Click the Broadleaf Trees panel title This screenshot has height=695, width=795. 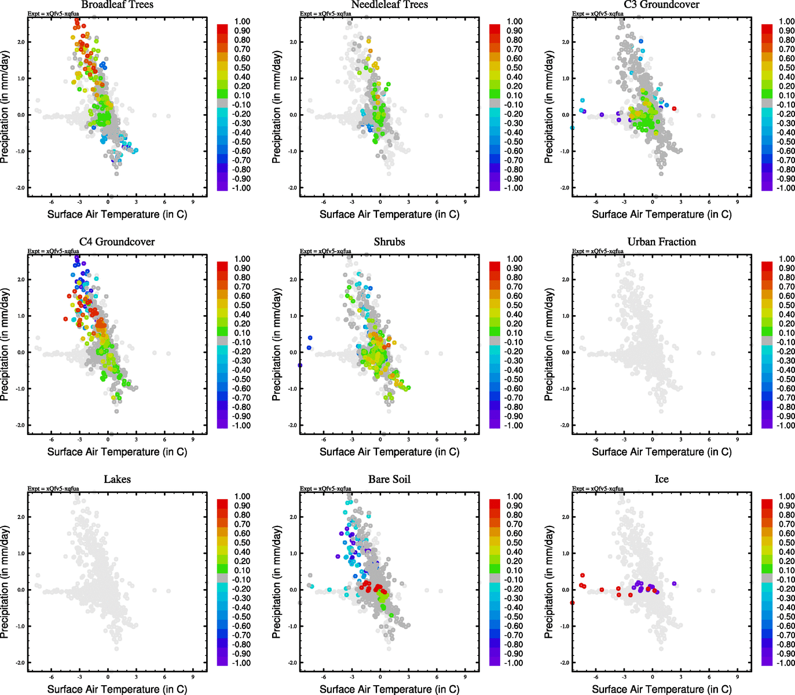tap(117, 5)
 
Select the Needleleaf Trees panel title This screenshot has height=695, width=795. tap(389, 5)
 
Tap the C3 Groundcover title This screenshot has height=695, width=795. tap(661, 5)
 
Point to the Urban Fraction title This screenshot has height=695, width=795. tap(661, 242)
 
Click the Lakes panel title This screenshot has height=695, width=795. tap(117, 480)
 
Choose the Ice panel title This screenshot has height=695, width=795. tap(661, 480)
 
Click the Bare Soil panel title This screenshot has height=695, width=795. tap(389, 480)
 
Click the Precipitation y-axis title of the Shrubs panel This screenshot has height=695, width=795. tap(276, 345)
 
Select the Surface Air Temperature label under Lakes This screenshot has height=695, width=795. tap(117, 689)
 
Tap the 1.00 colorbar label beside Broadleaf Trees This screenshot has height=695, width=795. tap(242, 21)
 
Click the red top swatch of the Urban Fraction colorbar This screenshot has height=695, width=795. tap(767, 266)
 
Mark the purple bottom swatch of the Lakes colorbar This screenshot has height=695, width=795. tap(222, 661)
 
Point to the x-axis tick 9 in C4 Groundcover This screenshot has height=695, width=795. tap(193, 440)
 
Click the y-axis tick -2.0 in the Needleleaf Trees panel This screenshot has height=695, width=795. tap(293, 188)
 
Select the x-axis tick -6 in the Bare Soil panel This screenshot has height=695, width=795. tap(323, 678)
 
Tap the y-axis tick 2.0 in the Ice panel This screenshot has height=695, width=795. tap(566, 517)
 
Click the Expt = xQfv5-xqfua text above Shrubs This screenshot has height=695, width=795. tap(325, 251)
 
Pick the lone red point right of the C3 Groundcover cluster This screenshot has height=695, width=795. tap(674, 109)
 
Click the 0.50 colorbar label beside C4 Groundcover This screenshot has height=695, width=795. tap(242, 305)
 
